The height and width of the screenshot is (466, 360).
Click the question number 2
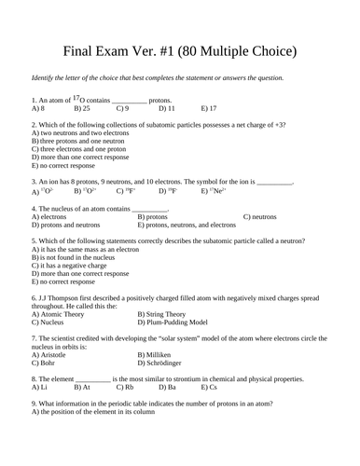tap(34, 124)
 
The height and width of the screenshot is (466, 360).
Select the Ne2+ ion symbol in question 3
tap(212, 190)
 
